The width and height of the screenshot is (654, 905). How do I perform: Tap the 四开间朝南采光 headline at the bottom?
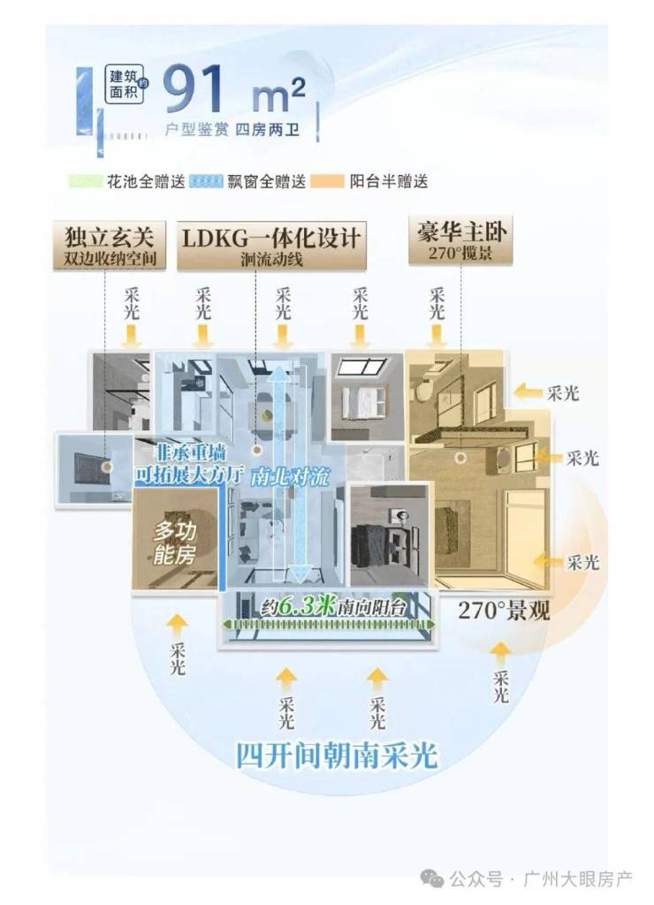[x=337, y=757]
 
